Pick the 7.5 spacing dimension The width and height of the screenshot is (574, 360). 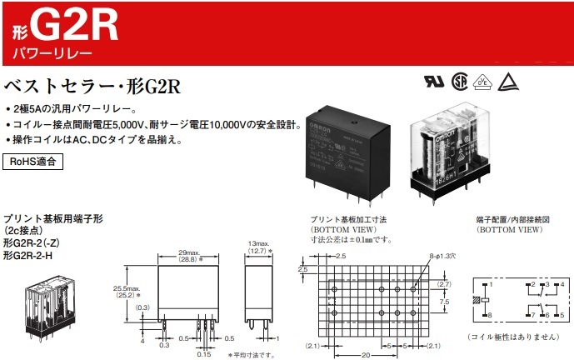pyautogui.click(x=446, y=302)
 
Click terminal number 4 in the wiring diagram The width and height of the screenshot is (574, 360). pyautogui.click(x=562, y=285)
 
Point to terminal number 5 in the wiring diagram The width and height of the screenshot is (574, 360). pyautogui.click(x=562, y=315)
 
